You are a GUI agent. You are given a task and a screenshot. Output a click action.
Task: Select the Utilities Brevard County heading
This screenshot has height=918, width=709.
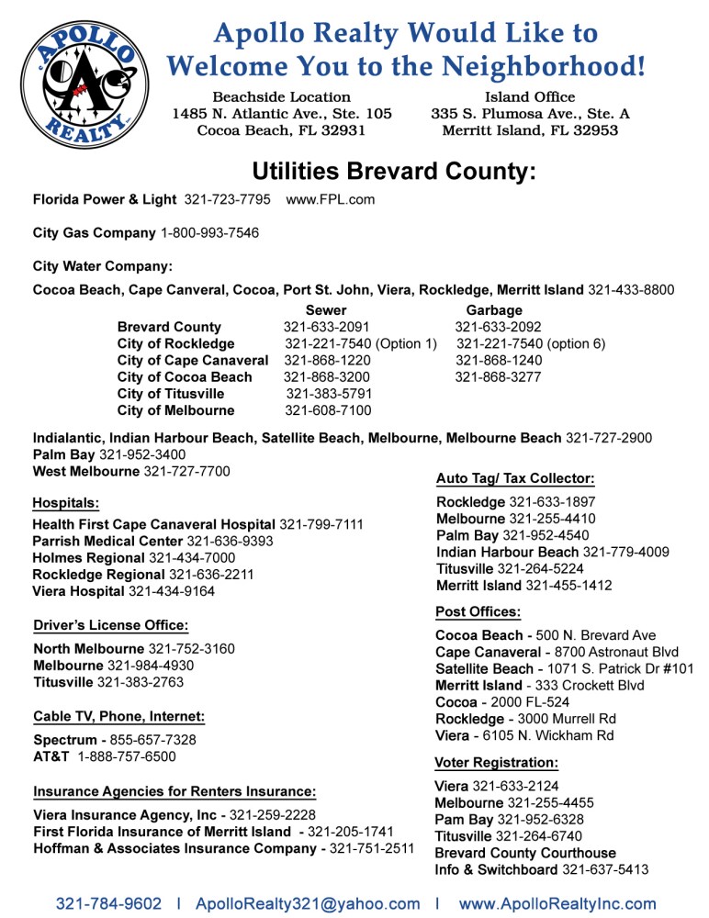click(x=394, y=172)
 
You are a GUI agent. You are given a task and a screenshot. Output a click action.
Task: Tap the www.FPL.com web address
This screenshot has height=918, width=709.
click(x=331, y=199)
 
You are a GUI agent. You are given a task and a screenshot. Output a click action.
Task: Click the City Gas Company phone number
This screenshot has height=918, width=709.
click(x=209, y=233)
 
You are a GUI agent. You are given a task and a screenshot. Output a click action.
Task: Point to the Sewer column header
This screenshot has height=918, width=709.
click(x=326, y=310)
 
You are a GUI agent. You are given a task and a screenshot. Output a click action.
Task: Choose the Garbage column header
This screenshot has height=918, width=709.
click(x=494, y=310)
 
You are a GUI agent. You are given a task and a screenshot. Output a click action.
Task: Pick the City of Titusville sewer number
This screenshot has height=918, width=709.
click(x=329, y=394)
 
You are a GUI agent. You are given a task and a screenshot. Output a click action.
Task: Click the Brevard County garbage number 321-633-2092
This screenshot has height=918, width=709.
click(x=499, y=327)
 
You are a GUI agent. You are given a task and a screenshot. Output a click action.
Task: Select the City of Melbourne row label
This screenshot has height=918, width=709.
click(x=175, y=410)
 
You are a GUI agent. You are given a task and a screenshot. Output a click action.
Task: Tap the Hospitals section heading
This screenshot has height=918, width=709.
click(x=66, y=502)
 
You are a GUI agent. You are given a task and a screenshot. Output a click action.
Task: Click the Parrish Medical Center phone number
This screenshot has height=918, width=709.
click(x=230, y=542)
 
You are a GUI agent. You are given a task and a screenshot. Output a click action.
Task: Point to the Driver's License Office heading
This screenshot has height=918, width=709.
click(x=111, y=625)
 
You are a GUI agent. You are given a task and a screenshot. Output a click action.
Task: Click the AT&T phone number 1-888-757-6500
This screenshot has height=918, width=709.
click(x=127, y=756)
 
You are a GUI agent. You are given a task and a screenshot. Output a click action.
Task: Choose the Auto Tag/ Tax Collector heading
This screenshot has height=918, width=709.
click(x=515, y=478)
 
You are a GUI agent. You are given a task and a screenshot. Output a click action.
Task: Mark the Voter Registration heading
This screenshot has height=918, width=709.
click(x=496, y=762)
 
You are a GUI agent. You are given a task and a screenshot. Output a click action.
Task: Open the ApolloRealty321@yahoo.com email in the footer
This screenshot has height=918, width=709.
click(x=308, y=904)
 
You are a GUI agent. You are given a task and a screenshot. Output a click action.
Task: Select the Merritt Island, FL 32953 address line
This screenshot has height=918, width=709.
click(x=530, y=130)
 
